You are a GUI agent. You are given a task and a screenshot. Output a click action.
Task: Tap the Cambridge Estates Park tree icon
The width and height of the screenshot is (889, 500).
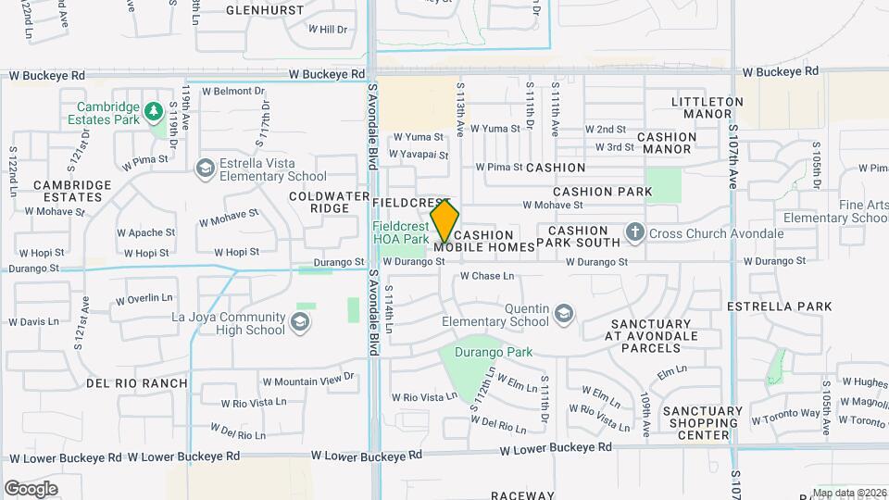point(154,112)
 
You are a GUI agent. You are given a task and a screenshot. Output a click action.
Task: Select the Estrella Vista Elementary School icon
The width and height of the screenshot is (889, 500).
point(205,168)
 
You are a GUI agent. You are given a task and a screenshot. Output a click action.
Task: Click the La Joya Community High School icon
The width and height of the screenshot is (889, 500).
point(299,321)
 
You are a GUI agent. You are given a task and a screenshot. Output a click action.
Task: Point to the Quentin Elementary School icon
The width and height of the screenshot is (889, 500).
point(563,315)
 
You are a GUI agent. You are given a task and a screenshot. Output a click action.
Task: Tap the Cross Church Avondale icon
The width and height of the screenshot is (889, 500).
point(635,232)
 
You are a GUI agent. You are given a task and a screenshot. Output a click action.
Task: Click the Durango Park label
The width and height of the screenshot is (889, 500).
point(498,352)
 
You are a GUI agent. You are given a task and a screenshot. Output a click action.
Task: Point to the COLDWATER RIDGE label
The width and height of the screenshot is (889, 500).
point(319,202)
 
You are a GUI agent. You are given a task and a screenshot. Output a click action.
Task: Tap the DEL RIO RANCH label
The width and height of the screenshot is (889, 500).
point(124,382)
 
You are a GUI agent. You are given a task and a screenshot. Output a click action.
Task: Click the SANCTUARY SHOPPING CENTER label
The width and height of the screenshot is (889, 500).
point(703,423)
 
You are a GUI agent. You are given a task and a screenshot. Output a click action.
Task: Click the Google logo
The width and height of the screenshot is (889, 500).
point(31,488)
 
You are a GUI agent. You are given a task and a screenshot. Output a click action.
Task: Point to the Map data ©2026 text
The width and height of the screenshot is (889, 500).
point(848,493)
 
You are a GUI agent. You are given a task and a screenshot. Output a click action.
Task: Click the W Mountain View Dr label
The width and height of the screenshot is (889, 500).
point(307,381)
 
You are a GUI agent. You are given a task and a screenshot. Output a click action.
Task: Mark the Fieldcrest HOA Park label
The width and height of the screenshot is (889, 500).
point(400,232)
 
